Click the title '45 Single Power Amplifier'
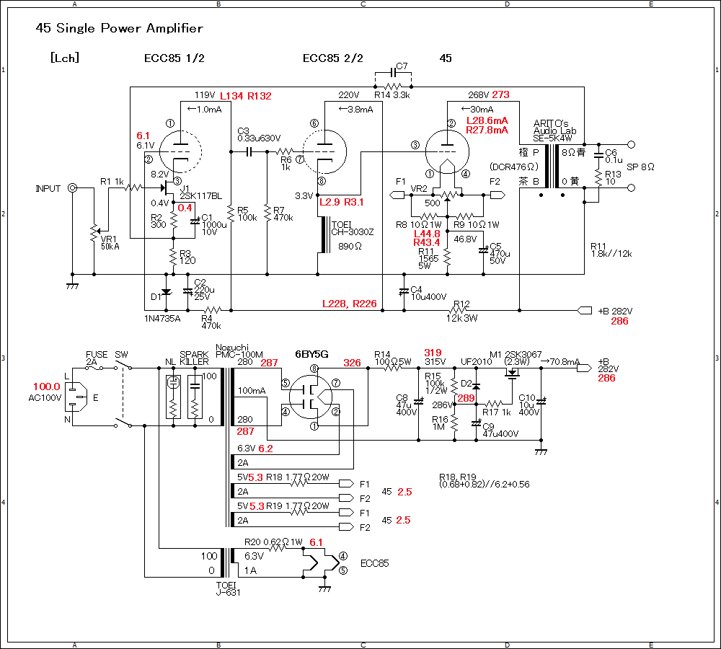click(x=119, y=29)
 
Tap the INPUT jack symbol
click(x=72, y=187)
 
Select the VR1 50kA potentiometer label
click(x=110, y=243)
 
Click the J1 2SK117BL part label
click(x=200, y=193)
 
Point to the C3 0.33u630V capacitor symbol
click(x=249, y=151)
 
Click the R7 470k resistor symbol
click(x=267, y=213)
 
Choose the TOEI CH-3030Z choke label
click(x=353, y=229)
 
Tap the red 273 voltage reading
click(x=501, y=94)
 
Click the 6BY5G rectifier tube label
click(x=311, y=354)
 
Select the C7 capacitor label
click(x=402, y=66)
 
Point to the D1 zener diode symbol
click(x=167, y=292)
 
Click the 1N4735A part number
click(x=162, y=319)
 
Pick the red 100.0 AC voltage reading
click(x=46, y=387)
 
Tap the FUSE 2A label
click(x=97, y=358)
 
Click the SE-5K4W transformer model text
click(x=553, y=138)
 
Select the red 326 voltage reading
click(x=353, y=363)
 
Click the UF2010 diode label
click(x=477, y=361)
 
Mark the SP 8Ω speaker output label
click(x=640, y=167)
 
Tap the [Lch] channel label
click(x=65, y=58)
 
